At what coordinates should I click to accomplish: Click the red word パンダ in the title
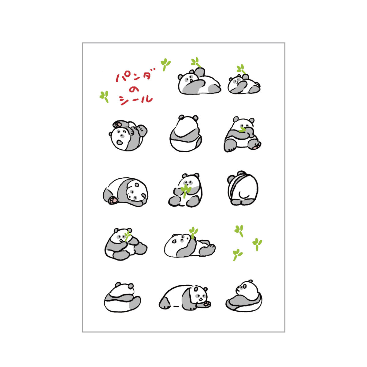135,76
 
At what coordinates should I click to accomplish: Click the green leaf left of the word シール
104,97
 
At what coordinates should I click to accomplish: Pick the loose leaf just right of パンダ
165,64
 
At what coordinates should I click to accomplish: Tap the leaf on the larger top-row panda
196,62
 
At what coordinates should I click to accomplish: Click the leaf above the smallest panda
241,69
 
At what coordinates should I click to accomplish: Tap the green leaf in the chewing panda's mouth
243,130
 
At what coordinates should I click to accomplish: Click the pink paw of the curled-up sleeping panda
113,200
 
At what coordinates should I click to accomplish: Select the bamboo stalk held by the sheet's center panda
185,191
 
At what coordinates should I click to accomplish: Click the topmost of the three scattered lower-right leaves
239,231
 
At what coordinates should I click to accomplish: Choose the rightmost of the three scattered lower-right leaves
257,244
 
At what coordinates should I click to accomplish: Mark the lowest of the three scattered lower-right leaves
237,255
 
